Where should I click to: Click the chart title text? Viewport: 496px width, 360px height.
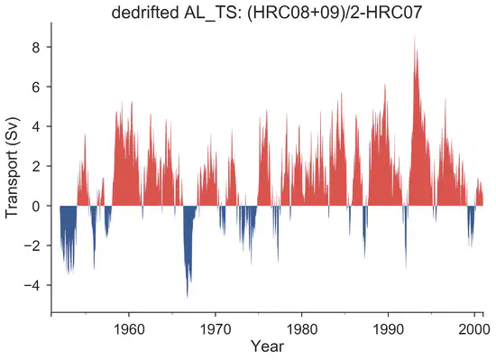[268, 13]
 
